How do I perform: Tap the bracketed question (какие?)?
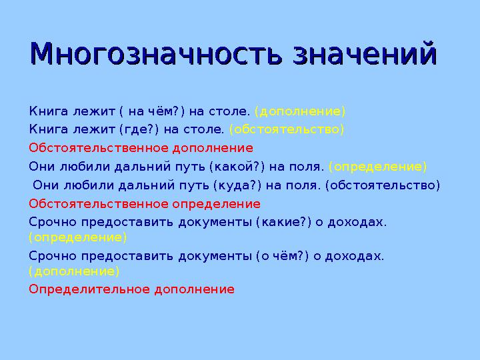(x=283, y=222)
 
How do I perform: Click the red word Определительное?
(x=89, y=289)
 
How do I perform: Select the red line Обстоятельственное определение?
(x=144, y=204)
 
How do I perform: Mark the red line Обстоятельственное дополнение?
(x=141, y=148)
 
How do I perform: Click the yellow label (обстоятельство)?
(x=287, y=129)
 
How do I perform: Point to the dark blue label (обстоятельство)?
(x=383, y=185)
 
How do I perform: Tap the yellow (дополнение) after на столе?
(x=300, y=111)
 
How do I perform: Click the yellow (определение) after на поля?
(x=377, y=167)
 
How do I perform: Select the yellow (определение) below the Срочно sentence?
(x=77, y=237)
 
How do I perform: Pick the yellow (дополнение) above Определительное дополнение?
(x=74, y=271)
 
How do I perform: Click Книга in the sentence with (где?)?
(x=45, y=129)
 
